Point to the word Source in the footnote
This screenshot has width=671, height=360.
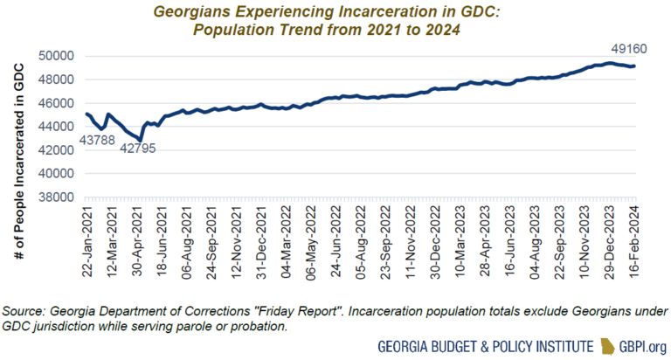coord(25,311)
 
